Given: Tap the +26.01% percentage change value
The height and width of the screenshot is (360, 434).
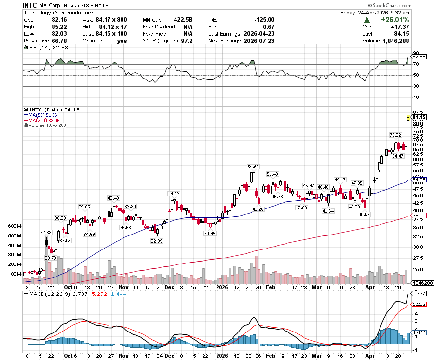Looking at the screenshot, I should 394,20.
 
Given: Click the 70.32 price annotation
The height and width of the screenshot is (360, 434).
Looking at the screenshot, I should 395,135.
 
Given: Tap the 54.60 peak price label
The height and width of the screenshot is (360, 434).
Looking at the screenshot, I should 253,166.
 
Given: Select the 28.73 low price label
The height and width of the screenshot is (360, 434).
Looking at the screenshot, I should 51,258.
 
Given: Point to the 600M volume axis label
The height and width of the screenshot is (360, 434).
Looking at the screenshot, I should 14,226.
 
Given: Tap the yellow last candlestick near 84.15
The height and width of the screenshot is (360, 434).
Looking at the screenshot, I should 408,117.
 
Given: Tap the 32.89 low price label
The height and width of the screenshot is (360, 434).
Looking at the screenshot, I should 155,240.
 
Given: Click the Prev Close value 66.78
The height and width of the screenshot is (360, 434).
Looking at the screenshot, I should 56,41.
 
